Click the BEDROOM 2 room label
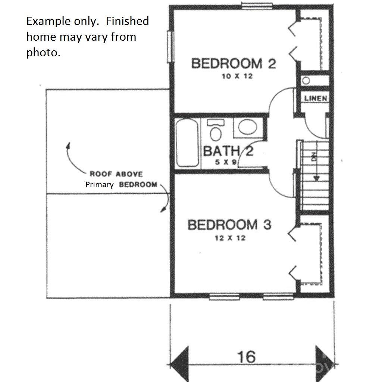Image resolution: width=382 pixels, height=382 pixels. [x=234, y=63]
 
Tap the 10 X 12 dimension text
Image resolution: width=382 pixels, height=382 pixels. [x=234, y=76]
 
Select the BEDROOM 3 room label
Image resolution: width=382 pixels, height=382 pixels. [x=229, y=225]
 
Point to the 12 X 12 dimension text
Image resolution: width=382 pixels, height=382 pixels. [x=229, y=238]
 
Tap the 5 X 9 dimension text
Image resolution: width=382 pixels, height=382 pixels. [x=225, y=162]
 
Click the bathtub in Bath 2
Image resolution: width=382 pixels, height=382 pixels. [x=187, y=143]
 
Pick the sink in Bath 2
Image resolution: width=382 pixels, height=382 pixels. [x=247, y=128]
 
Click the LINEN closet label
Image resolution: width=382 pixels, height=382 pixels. [x=316, y=98]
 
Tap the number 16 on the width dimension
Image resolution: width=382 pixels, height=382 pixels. [x=247, y=357]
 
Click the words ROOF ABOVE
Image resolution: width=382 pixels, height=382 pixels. [x=116, y=174]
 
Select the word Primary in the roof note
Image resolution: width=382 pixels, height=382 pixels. [x=100, y=185]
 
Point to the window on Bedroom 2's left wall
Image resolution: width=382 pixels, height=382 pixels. [x=170, y=47]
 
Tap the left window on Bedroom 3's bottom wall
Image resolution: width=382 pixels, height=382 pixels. [x=224, y=297]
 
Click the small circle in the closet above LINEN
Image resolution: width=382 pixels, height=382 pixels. [x=306, y=80]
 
